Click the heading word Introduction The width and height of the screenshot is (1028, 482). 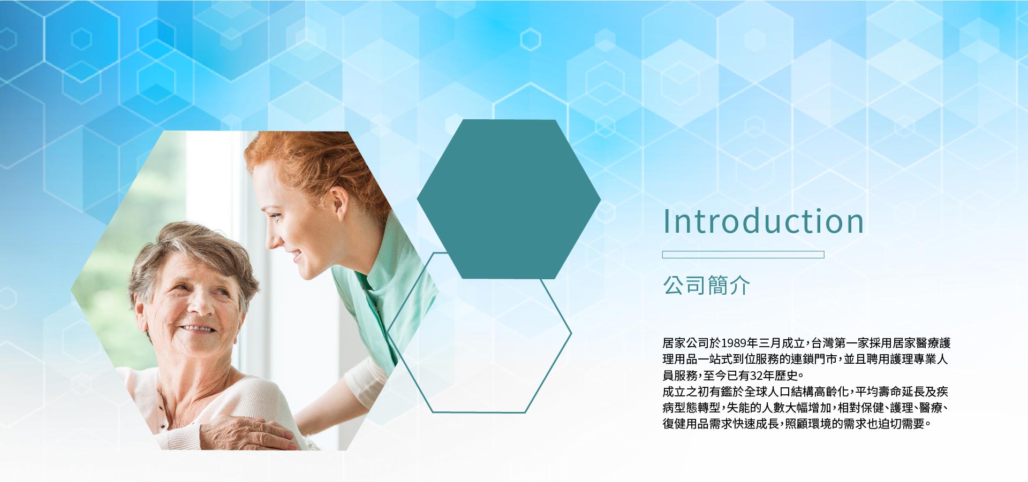point(764,221)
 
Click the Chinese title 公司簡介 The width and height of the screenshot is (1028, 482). point(707,285)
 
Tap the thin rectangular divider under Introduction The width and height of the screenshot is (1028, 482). point(743,255)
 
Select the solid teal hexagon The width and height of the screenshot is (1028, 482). point(509,199)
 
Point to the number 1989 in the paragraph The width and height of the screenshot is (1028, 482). point(734,343)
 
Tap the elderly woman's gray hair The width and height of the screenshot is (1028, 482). point(193,251)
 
